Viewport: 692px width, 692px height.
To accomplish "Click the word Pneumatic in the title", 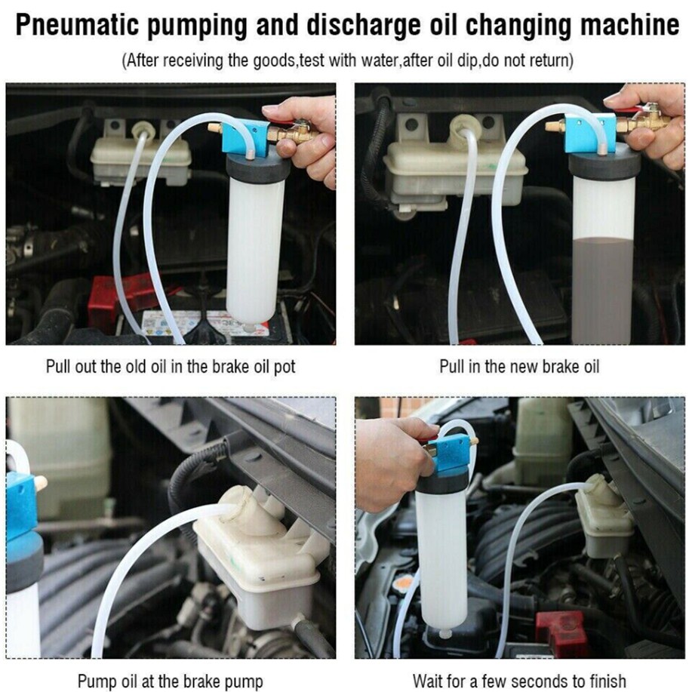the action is coord(76,26).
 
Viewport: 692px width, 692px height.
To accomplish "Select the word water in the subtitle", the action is coord(379,60).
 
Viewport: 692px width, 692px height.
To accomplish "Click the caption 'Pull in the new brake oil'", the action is coord(519,366).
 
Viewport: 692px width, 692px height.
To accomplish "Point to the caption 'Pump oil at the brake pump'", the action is coord(171,681).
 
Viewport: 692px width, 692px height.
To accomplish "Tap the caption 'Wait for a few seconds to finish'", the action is coord(519,681).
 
